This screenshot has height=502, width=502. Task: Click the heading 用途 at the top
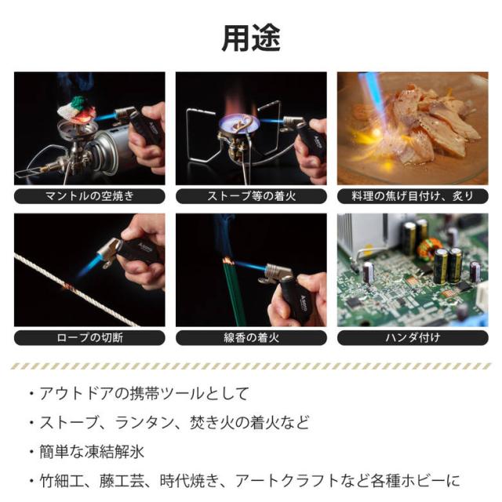pos(251,38)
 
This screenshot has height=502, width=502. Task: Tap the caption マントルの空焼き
pos(89,196)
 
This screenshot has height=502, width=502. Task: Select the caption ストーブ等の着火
pos(251,196)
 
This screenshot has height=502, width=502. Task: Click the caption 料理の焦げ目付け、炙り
pos(413,196)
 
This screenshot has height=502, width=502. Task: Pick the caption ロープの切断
pos(89,338)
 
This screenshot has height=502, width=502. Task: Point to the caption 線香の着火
pos(251,338)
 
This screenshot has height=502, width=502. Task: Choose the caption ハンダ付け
pos(413,338)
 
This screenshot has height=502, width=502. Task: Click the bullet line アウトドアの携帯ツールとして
pos(144,394)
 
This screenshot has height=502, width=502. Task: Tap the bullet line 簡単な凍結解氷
pos(92,452)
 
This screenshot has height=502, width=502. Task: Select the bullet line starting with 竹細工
pos(249,481)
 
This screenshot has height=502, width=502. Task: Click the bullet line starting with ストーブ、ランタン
pos(174,423)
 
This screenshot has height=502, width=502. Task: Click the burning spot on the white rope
pos(69,287)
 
